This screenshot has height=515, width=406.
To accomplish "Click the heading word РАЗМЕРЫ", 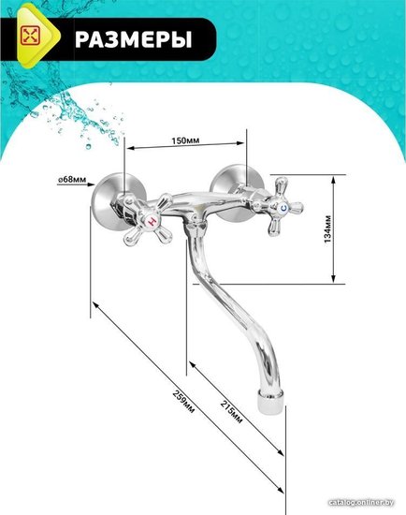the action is tap(133, 39).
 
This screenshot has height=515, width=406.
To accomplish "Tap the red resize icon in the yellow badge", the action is tap(30, 36).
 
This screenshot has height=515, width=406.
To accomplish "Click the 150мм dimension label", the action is tap(185, 140).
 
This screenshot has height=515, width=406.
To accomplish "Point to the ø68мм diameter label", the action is tap(72, 180).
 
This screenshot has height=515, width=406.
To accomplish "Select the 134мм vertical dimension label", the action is tap(327, 228).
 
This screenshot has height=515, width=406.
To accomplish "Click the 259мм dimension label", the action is tap(183, 402).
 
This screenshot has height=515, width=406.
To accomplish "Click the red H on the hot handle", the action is tap(152, 221).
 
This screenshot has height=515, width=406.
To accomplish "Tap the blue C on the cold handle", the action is tap(283, 208).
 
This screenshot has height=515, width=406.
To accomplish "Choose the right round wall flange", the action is tap(237, 192).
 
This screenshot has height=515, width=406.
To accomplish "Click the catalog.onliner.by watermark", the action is tap(361, 503).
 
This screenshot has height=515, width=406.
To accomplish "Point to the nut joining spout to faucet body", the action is tap(195, 228).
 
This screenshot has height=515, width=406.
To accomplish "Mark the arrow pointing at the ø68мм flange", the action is tap(76, 184).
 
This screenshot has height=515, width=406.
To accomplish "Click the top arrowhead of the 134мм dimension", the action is tap(333, 179).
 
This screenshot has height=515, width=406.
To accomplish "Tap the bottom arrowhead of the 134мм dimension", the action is tap(333, 278).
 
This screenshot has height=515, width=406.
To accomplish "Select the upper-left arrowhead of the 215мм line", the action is tap(193, 365).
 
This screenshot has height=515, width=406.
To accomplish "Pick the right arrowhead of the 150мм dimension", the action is tap(240, 143).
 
